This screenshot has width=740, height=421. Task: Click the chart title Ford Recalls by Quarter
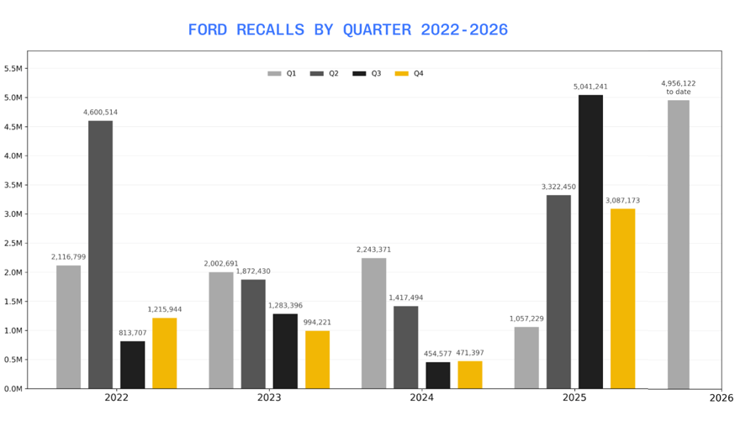(347, 30)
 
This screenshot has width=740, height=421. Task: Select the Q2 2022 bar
(100, 254)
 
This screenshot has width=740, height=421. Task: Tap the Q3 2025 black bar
(590, 241)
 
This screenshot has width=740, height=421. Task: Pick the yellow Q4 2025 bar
(622, 298)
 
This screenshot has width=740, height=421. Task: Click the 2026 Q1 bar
(679, 244)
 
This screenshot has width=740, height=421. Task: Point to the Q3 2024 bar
(437, 375)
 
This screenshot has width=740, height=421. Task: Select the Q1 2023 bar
(221, 329)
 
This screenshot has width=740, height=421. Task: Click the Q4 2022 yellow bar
(164, 353)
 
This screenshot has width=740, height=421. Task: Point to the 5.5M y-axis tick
(13, 68)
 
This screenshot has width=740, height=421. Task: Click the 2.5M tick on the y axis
(13, 243)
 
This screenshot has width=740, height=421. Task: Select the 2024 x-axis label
(422, 397)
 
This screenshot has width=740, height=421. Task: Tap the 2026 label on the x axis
(721, 397)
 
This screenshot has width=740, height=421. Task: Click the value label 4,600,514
(100, 112)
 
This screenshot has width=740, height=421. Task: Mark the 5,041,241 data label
(590, 87)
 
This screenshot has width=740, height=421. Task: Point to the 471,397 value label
(470, 353)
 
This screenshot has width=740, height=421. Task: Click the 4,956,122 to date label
(679, 87)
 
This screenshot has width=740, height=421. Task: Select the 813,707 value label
(132, 333)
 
